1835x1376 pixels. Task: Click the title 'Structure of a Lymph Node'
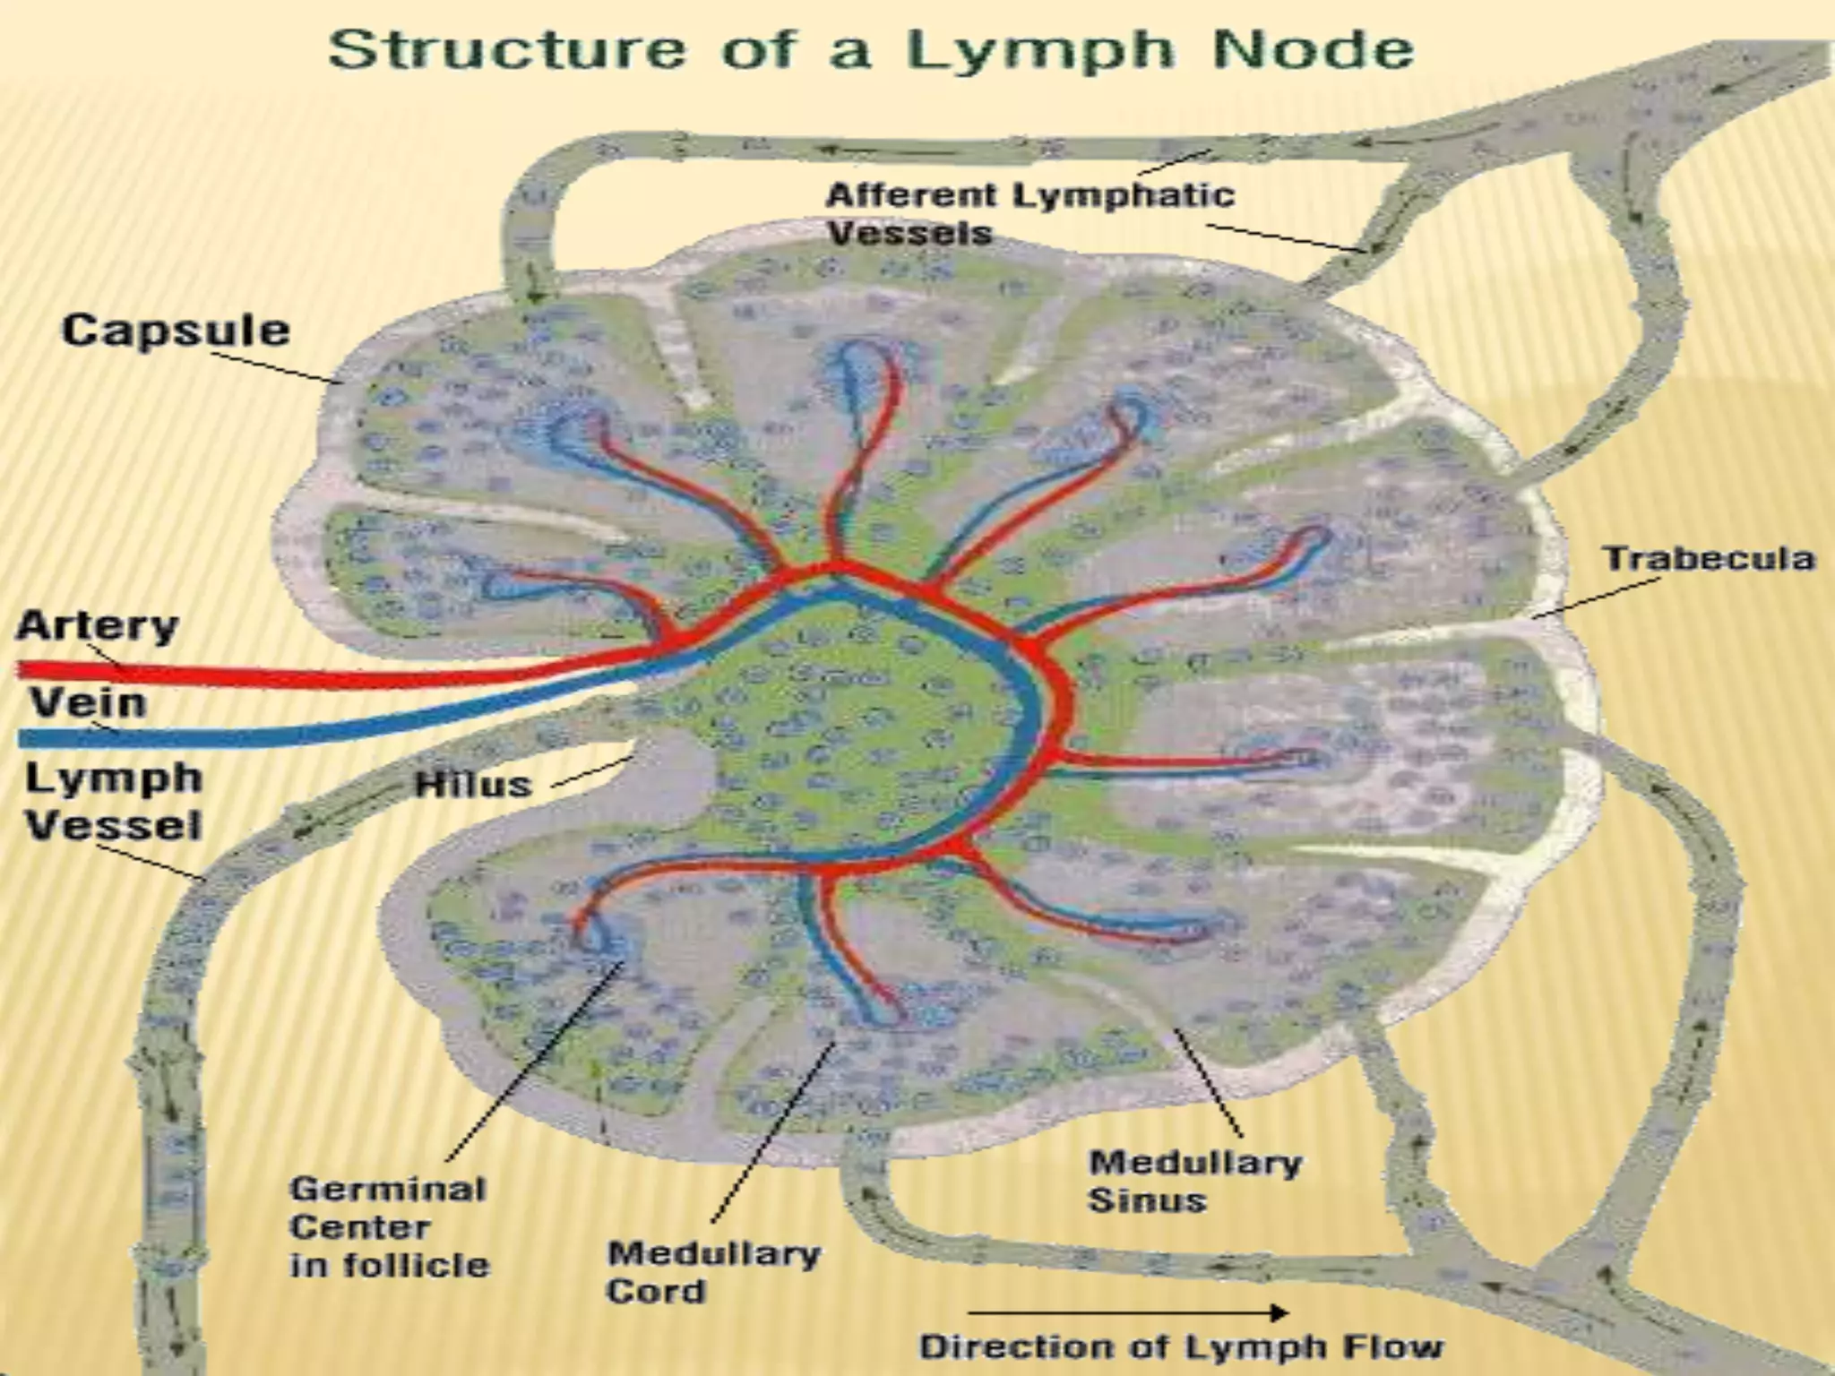tap(871, 49)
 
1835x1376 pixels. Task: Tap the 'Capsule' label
tap(176, 331)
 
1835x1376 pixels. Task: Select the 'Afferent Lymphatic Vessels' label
tap(1030, 213)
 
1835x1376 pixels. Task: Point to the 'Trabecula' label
tap(1709, 558)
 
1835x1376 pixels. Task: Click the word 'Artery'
tap(97, 624)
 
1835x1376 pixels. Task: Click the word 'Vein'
tap(88, 701)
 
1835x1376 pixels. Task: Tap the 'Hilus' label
tap(474, 785)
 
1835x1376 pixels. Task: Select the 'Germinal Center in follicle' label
tap(390, 1226)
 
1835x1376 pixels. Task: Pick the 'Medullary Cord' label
tap(714, 1271)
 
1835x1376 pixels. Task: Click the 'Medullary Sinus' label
tap(1194, 1181)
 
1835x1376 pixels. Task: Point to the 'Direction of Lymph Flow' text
tap(1182, 1346)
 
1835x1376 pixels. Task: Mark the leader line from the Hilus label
tap(591, 772)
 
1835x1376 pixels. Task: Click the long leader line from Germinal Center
tap(533, 1062)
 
